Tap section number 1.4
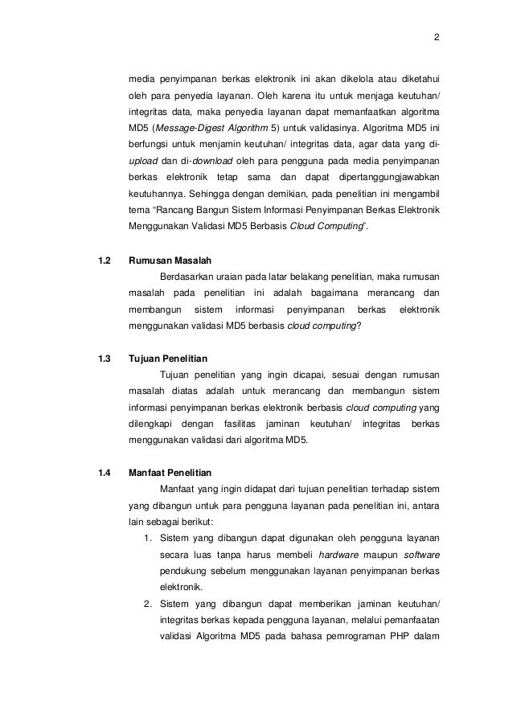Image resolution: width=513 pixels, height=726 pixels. click(102, 472)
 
